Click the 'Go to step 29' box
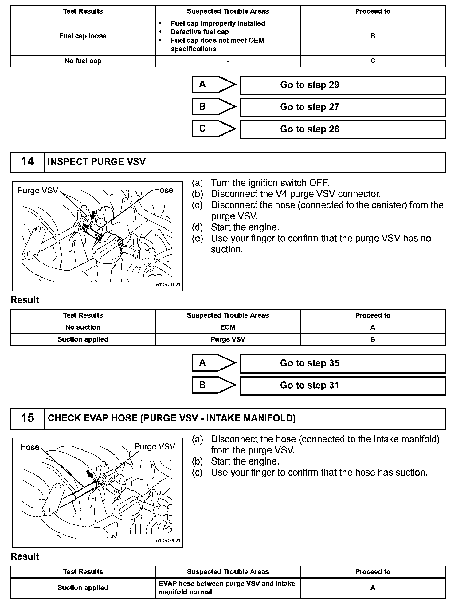point(343,85)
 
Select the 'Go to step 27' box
point(343,107)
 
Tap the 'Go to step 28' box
point(343,129)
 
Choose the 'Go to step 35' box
point(343,363)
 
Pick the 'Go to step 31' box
point(343,386)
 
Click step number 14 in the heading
point(27,162)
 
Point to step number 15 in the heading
point(27,418)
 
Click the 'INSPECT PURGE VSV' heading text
point(96,162)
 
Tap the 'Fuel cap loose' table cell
point(83,36)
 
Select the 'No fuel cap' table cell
point(83,61)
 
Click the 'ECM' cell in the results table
point(228,327)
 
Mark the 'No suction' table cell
point(83,327)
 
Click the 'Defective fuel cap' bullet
point(200,32)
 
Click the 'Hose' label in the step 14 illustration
point(163,190)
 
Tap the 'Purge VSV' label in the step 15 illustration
point(155,447)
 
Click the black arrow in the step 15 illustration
point(89,474)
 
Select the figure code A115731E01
point(168,284)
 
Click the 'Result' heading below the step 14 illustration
point(25,300)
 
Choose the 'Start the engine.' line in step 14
point(245,227)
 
